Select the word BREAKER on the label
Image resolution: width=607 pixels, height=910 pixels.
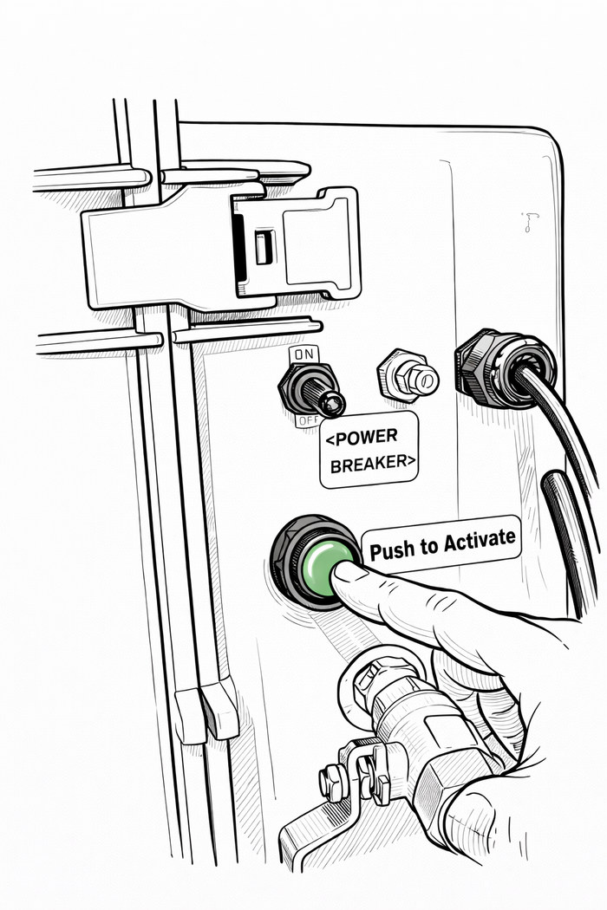coord(369,463)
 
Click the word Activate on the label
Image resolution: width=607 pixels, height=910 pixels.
coord(480,540)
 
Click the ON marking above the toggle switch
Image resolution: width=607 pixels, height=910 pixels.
coord(303,354)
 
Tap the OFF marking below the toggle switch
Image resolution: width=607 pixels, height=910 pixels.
coord(307,420)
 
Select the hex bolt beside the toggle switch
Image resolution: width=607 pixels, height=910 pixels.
coord(408,375)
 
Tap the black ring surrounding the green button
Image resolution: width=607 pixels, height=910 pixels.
coord(314,562)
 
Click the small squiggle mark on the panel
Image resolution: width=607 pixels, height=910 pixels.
coord(528,222)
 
